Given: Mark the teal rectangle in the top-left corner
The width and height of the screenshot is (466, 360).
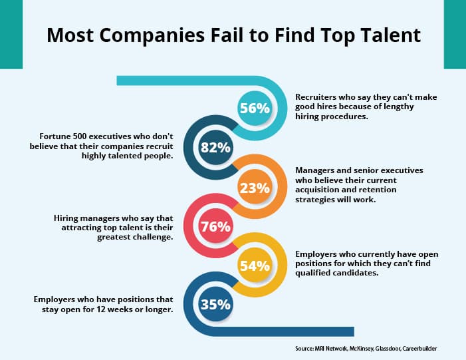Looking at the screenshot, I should click(11, 34).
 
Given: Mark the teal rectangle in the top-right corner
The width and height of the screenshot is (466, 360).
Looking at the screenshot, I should click(455, 34).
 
